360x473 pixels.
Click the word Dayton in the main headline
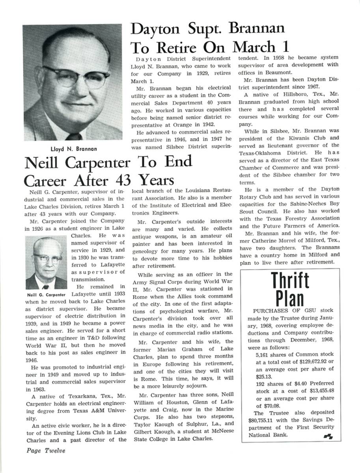157,29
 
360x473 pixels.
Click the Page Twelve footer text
46,450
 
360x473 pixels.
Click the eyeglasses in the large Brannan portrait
77,76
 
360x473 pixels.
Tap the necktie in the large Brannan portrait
74,136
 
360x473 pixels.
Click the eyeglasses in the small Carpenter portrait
47,259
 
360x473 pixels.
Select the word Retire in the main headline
173,48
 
